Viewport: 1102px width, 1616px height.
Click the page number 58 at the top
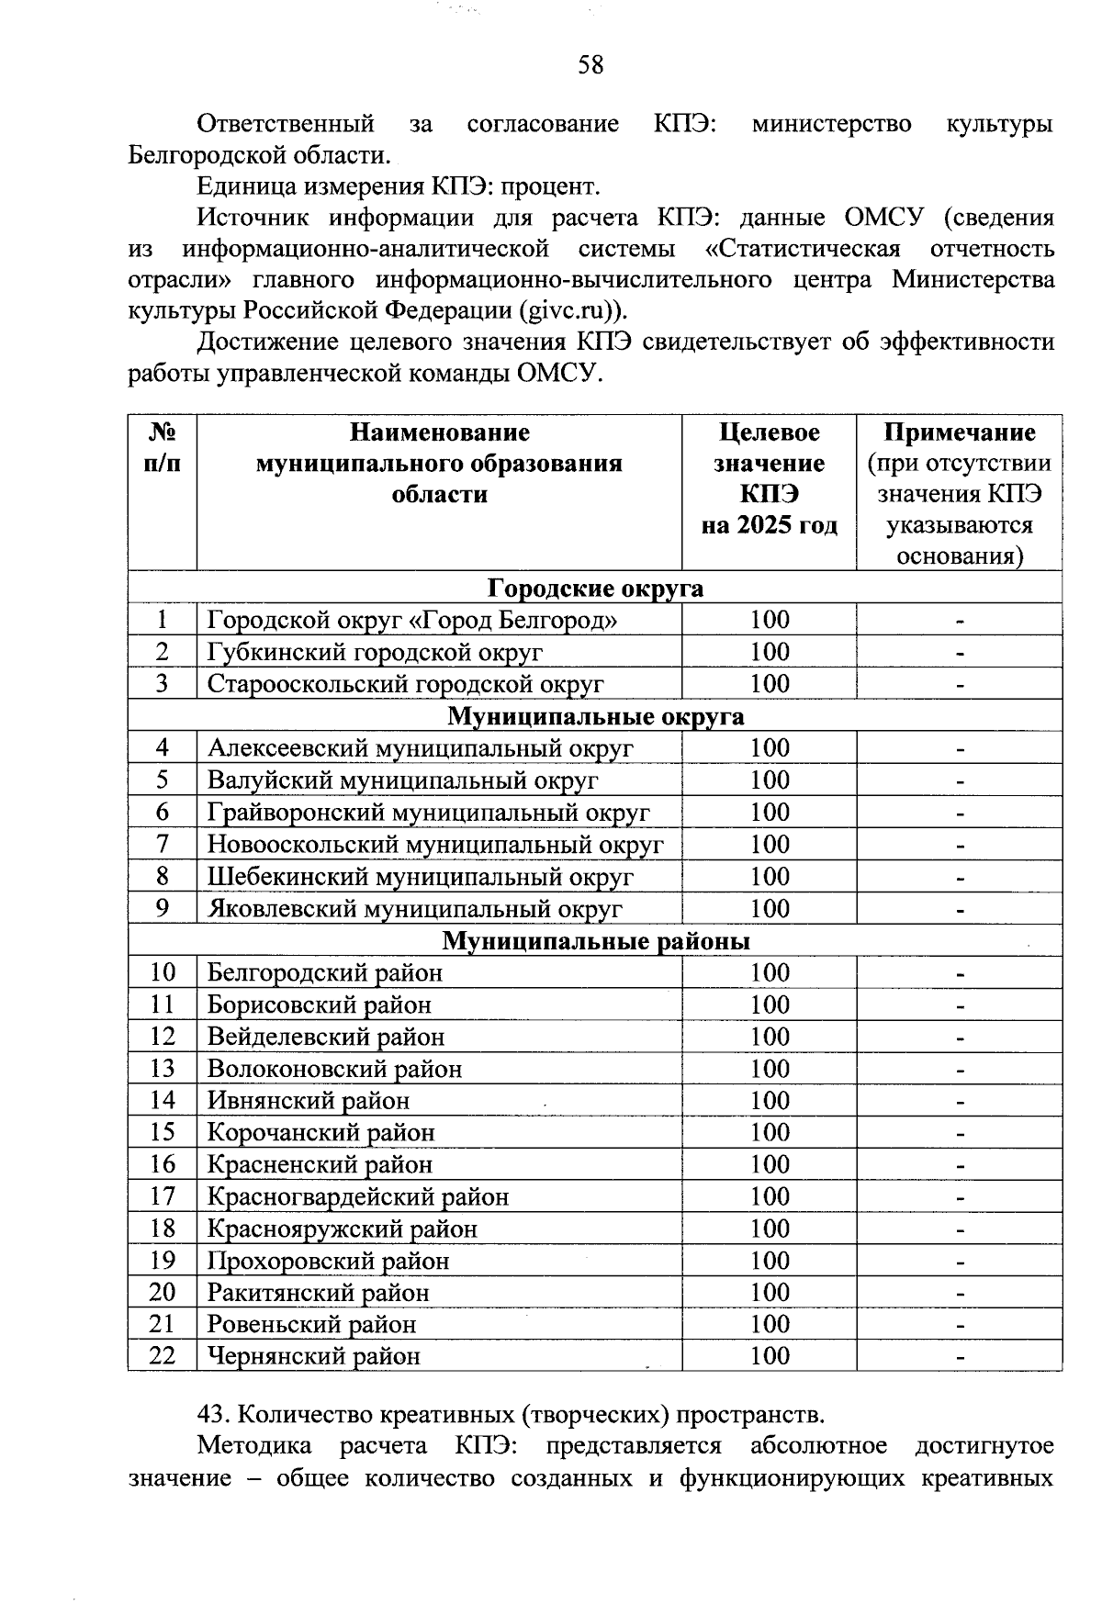point(590,65)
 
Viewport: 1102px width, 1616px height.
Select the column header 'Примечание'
point(959,432)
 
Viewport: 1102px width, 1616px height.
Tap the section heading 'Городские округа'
point(594,588)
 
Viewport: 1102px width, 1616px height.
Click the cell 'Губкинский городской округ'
point(375,652)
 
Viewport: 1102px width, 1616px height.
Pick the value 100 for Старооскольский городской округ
point(769,684)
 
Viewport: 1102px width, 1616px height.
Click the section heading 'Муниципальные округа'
point(595,716)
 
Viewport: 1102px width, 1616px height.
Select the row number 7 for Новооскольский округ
point(163,844)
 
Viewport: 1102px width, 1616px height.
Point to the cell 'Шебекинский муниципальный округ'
point(420,877)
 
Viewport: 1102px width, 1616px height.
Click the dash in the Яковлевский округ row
point(960,910)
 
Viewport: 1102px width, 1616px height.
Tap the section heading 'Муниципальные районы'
point(595,941)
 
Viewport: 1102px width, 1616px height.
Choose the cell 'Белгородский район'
point(325,972)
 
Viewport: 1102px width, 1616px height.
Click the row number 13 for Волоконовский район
point(163,1069)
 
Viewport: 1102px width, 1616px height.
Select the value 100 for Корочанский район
point(769,1132)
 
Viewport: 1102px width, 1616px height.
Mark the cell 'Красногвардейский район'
point(358,1196)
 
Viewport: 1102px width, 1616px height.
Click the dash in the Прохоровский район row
point(960,1262)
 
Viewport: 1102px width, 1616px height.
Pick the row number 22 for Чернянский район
point(163,1356)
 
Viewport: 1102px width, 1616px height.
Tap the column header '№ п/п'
point(163,448)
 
